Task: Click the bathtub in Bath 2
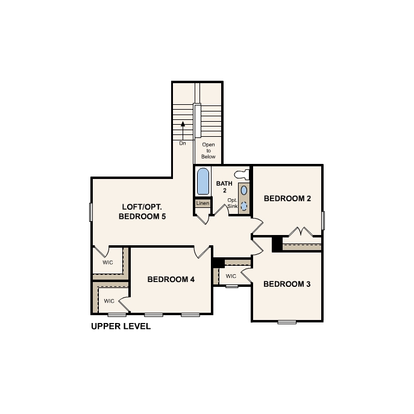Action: [x=203, y=181]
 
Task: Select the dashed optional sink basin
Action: [x=244, y=206]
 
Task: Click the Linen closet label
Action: [x=202, y=203]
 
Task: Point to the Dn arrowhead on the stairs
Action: [x=183, y=124]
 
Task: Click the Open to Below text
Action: [x=209, y=151]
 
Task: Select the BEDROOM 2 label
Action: [x=287, y=198]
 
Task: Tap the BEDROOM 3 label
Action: [x=287, y=284]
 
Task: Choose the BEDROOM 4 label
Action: [x=171, y=279]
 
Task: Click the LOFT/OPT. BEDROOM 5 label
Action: [x=142, y=212]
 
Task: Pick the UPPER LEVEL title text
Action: [x=121, y=326]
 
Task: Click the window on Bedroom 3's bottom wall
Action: [x=287, y=322]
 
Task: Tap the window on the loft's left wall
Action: [x=91, y=212]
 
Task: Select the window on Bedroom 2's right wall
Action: [x=323, y=221]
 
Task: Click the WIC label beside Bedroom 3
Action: [x=231, y=276]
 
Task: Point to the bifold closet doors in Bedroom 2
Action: [x=301, y=231]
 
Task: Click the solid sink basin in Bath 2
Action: [x=244, y=190]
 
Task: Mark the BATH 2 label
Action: [x=224, y=187]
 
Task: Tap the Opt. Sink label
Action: [x=233, y=203]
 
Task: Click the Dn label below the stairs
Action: [x=183, y=143]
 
